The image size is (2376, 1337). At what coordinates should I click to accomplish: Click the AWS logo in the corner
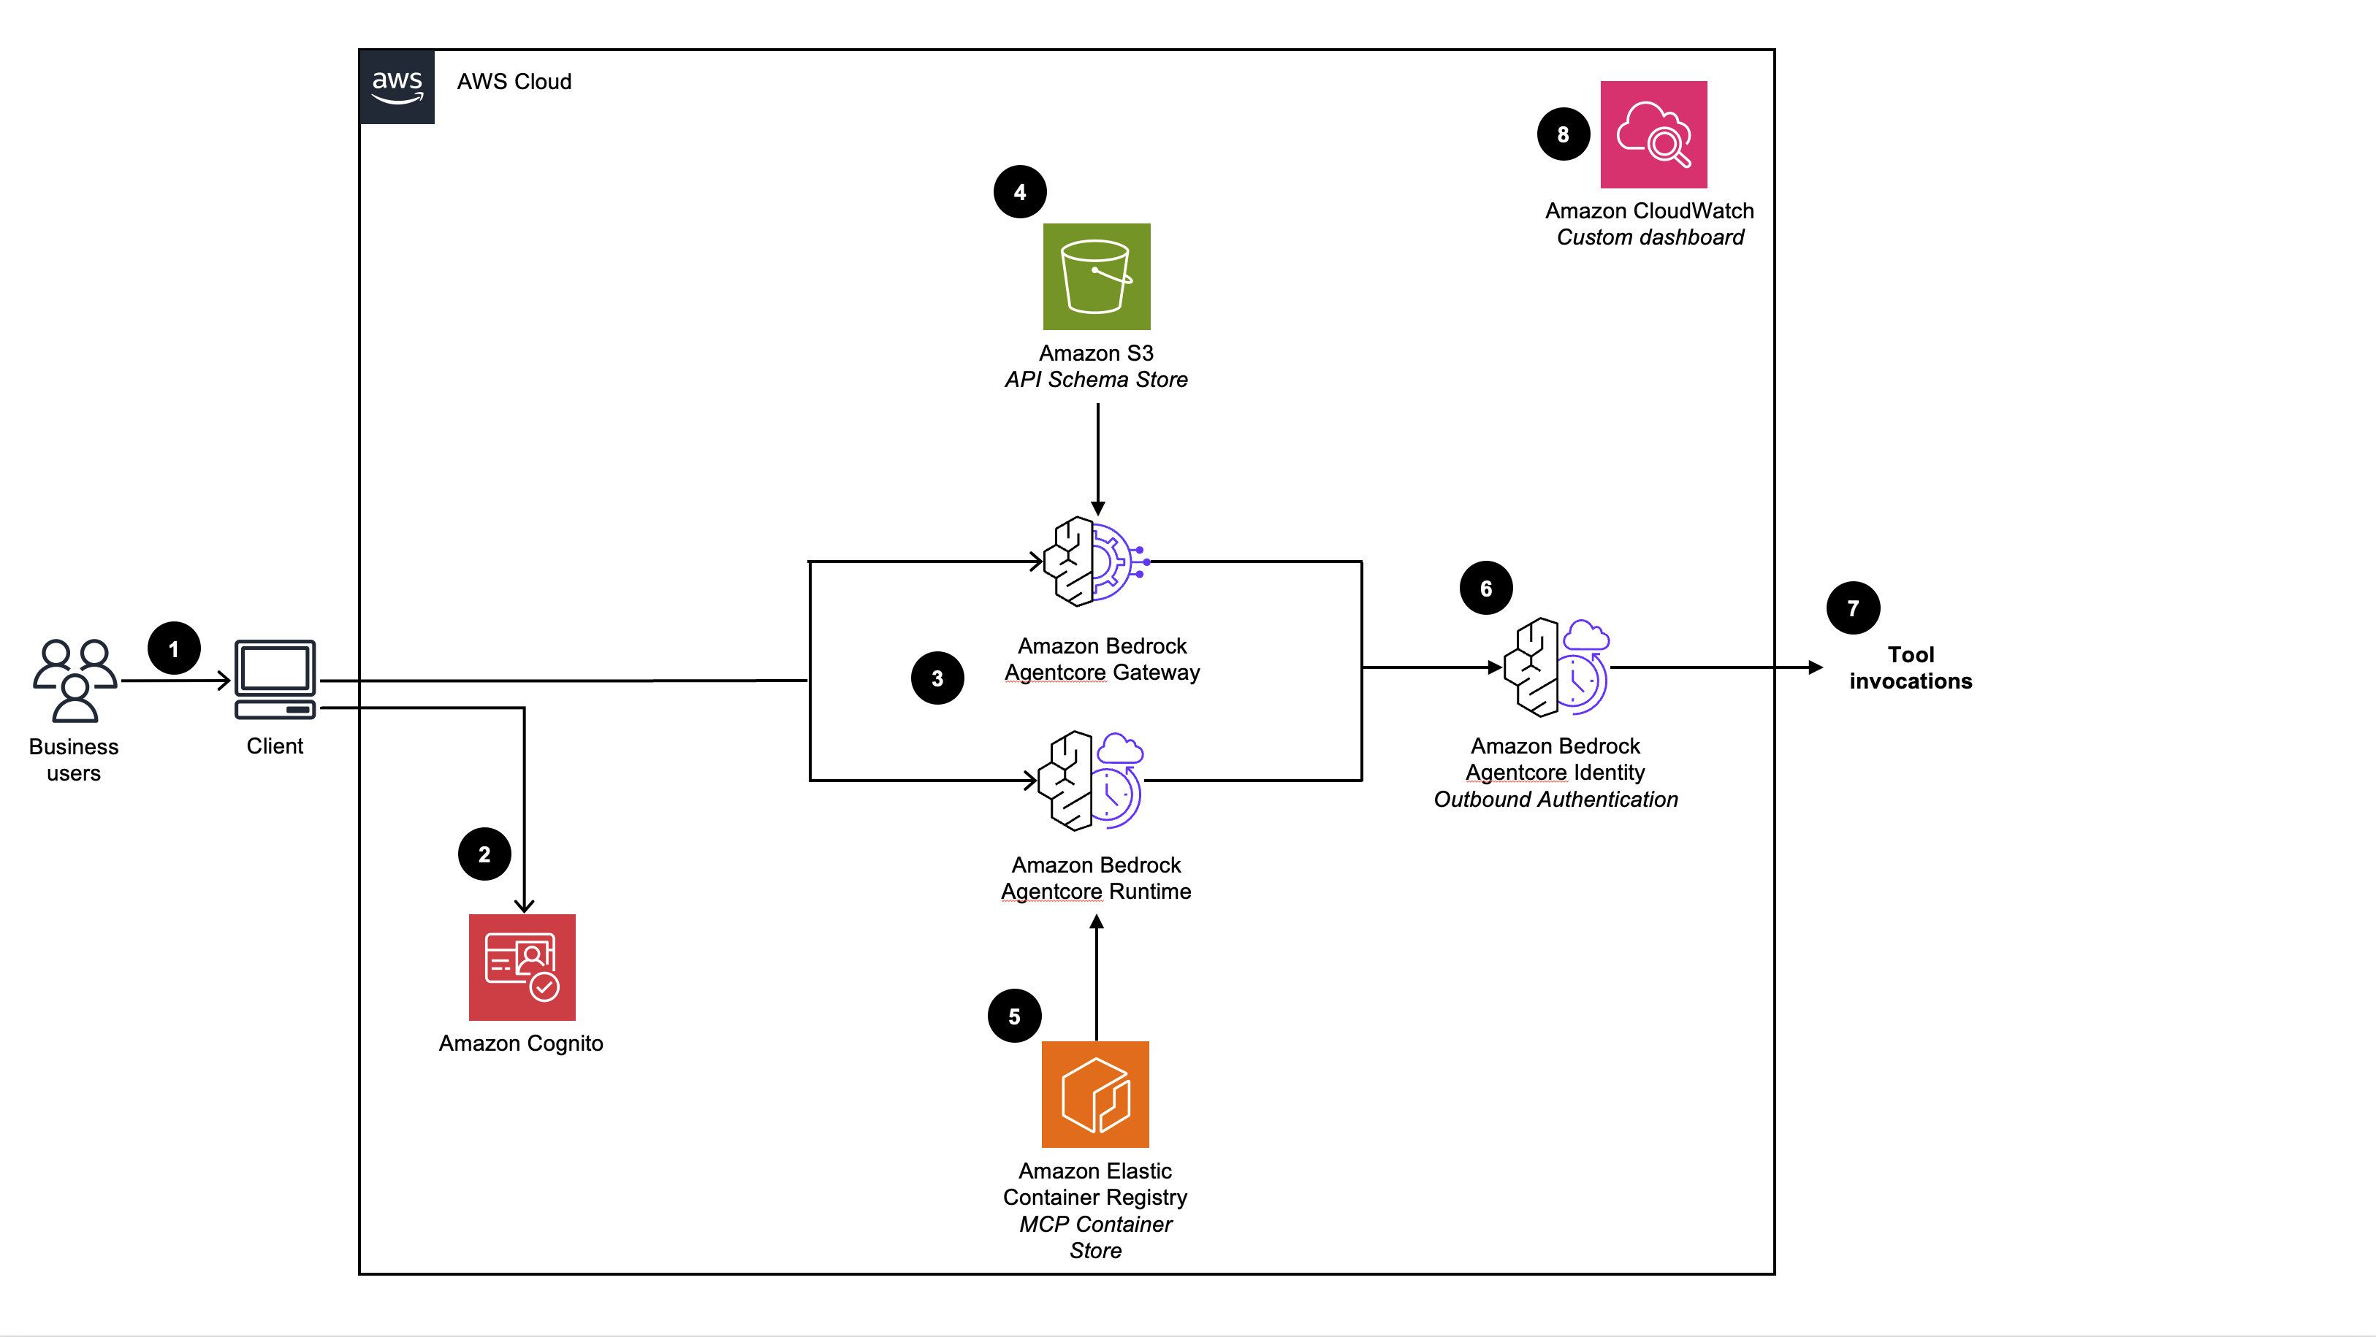(397, 87)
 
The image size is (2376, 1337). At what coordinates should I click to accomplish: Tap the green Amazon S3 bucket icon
(1097, 277)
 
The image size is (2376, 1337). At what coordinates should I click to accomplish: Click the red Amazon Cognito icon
(522, 968)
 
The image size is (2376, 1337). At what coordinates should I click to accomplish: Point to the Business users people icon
(75, 681)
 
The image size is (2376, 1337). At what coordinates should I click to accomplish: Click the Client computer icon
(275, 680)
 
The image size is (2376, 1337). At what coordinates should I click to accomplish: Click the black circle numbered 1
(173, 649)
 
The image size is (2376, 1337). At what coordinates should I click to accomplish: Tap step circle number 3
(937, 678)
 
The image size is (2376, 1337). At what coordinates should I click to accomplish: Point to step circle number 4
(1019, 193)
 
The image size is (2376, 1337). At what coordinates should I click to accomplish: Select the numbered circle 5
(1013, 1016)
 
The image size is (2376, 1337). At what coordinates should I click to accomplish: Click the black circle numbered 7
(1852, 608)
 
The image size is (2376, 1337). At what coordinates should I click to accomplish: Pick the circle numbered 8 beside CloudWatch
(1563, 134)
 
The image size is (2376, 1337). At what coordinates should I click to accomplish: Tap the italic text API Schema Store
(1096, 380)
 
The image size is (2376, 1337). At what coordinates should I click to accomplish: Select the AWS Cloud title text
(514, 82)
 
